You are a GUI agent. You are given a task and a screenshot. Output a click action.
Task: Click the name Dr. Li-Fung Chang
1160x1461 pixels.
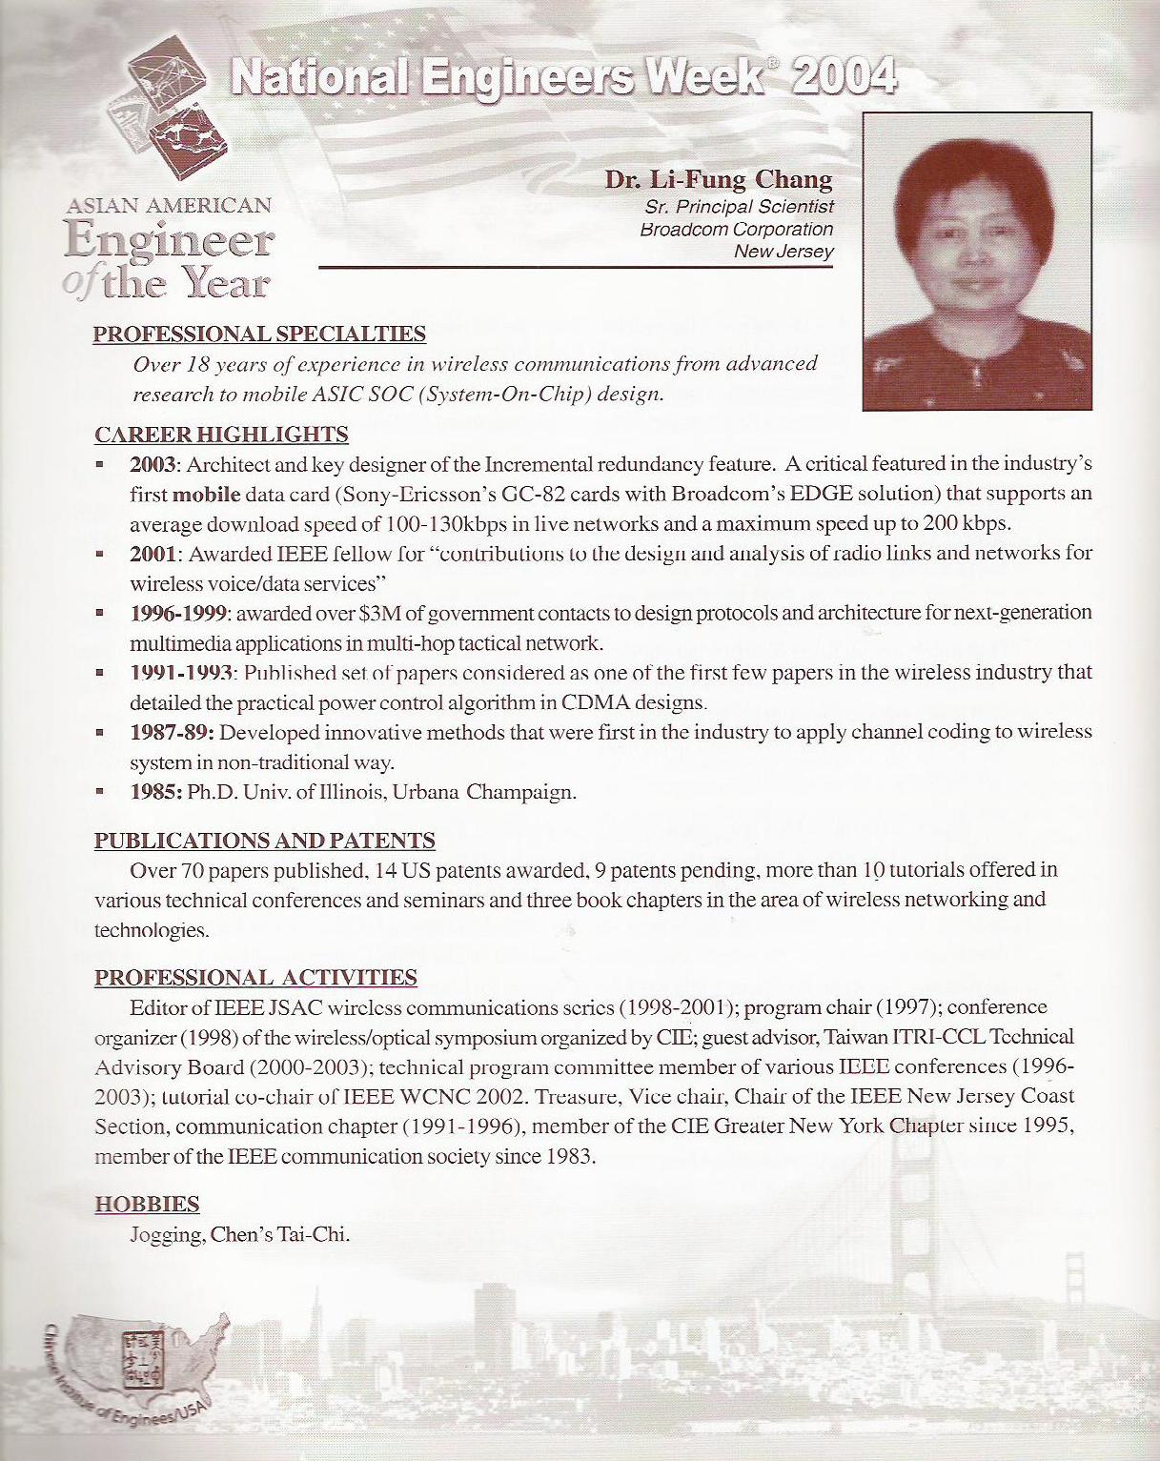718,179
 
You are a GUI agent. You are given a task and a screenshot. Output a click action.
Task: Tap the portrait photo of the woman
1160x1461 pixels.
977,261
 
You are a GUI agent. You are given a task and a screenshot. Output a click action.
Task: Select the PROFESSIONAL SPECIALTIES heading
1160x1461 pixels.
259,334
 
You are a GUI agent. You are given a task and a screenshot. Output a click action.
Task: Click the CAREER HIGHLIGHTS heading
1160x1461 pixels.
221,435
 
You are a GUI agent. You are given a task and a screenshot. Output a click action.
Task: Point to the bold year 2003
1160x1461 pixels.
153,465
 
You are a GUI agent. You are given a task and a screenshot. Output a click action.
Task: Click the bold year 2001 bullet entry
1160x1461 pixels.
153,554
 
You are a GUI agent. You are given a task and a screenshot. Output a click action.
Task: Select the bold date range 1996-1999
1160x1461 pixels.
178,613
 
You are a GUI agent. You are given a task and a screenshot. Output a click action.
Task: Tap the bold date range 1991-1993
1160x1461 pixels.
181,673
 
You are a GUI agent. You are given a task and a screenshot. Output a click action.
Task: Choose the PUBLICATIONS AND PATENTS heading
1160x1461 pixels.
264,841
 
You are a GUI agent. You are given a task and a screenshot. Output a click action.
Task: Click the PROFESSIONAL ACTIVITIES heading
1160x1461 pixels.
255,978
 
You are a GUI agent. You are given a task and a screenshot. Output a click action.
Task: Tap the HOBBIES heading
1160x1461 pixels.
147,1205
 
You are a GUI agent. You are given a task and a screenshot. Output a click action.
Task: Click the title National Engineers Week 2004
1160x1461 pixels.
563,77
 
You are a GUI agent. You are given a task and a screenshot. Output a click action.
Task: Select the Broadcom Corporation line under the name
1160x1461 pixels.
736,229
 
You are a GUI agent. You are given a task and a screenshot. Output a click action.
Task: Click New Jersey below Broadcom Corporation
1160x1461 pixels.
783,252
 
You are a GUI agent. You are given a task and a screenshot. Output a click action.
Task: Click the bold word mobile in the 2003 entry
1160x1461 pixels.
206,495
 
